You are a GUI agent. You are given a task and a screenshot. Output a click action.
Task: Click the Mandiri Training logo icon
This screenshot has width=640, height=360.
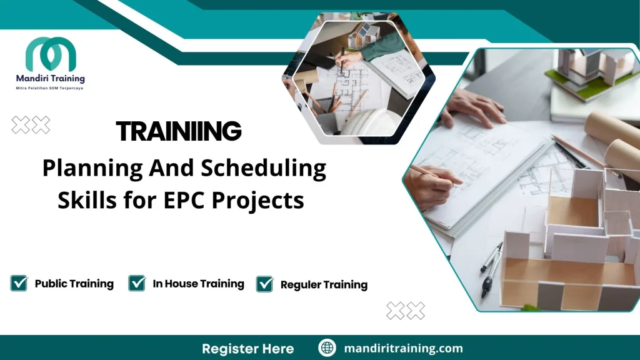pyautogui.click(x=51, y=54)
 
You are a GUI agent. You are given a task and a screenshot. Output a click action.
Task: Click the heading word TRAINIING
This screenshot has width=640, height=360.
pyautogui.click(x=179, y=131)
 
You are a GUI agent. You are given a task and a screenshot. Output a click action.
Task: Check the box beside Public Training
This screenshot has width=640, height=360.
pyautogui.click(x=19, y=283)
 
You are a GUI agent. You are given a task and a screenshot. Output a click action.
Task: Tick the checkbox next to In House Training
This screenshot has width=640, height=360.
pyautogui.click(x=137, y=283)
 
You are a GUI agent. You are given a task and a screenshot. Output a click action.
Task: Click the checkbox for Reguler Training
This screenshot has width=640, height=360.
pyautogui.click(x=265, y=284)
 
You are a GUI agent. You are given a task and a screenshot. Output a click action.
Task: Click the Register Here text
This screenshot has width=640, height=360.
pyautogui.click(x=247, y=348)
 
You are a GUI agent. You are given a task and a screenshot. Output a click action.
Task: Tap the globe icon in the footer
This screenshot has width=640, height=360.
pyautogui.click(x=327, y=348)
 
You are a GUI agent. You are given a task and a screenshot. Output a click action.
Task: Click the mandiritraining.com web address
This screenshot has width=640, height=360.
pyautogui.click(x=403, y=348)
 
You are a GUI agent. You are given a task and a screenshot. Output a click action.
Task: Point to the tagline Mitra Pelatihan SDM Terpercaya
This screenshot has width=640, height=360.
pyautogui.click(x=50, y=88)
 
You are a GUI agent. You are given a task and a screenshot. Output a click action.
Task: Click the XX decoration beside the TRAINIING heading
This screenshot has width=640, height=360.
pyautogui.click(x=31, y=125)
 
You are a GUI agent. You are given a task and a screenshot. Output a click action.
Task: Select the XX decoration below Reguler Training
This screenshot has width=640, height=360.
pyautogui.click(x=406, y=310)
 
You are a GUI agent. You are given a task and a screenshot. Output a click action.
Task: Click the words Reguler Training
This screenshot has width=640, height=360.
pyautogui.click(x=324, y=285)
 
